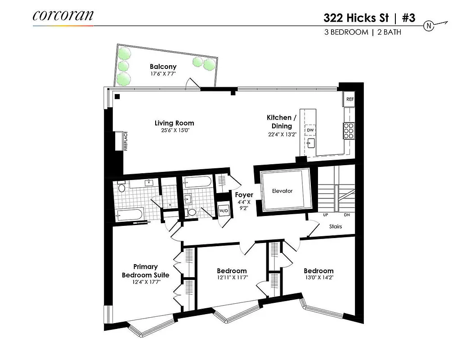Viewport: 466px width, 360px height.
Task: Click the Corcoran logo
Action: (63, 15)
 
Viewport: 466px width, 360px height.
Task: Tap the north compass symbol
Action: (430, 26)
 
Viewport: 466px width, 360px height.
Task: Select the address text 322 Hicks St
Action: (356, 18)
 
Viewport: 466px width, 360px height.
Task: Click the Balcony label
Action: (163, 67)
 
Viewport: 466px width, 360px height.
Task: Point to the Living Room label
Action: (175, 123)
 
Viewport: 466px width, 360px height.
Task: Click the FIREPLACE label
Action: (126, 141)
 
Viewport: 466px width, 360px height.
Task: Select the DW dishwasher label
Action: (310, 130)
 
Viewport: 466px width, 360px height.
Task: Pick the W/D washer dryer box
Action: (224, 211)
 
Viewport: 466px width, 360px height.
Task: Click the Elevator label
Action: (282, 191)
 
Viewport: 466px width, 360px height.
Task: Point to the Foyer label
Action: (244, 195)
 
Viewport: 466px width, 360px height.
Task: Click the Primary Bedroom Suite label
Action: (145, 271)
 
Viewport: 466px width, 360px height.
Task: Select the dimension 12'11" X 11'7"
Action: (232, 278)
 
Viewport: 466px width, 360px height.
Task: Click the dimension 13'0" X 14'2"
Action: (318, 278)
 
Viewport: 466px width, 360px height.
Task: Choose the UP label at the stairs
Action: (326, 215)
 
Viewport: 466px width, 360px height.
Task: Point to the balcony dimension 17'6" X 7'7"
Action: (163, 73)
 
